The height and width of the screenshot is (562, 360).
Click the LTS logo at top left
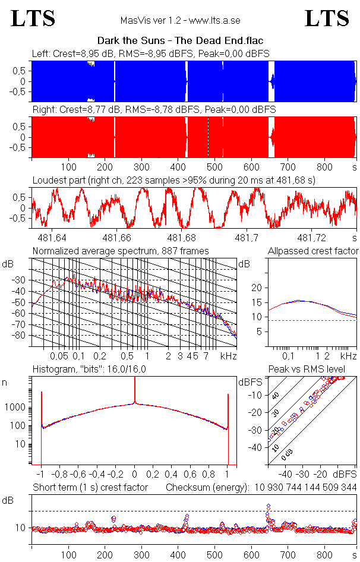(x=33, y=18)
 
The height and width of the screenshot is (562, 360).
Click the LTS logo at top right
(x=327, y=18)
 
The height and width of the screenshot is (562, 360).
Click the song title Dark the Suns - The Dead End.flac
(x=180, y=40)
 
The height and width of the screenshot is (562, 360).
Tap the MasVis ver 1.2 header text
(x=180, y=20)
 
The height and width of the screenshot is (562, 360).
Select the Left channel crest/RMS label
(x=151, y=53)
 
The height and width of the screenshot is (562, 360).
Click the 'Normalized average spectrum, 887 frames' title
(x=121, y=251)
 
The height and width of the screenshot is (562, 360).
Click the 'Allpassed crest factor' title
(x=313, y=251)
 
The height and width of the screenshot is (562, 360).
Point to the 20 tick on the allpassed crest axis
(x=257, y=288)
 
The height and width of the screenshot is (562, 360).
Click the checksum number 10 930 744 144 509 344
(x=306, y=488)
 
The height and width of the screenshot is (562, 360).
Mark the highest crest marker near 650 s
(x=269, y=506)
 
